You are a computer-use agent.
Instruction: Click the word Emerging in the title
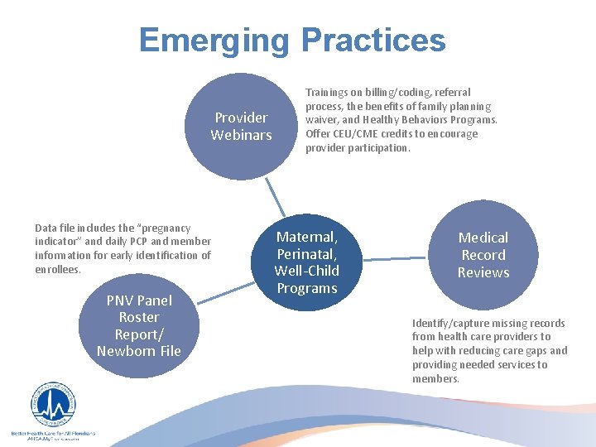point(214,40)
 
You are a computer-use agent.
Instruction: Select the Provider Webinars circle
point(241,125)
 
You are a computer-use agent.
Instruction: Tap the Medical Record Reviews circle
point(483,254)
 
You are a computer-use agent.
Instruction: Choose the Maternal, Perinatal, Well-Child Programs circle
point(307,262)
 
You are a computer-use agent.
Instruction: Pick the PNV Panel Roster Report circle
point(138,325)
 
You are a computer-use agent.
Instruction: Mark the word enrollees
point(57,269)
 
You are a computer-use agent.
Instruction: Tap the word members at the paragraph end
point(435,378)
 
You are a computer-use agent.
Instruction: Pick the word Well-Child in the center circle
point(307,271)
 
